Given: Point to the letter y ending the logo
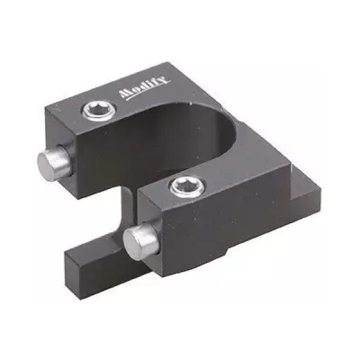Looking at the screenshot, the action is tap(166, 79).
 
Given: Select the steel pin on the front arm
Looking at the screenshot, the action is tap(140, 241).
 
